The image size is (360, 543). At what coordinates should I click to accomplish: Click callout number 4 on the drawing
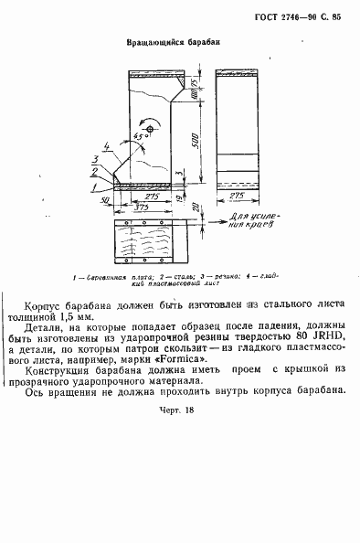pyautogui.click(x=107, y=144)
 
